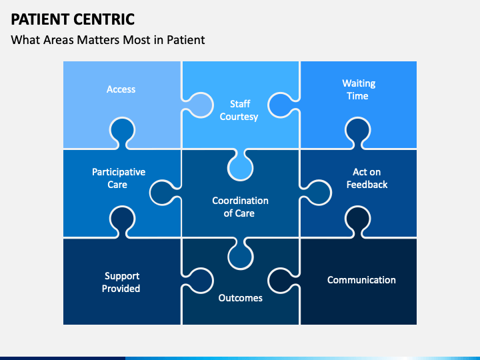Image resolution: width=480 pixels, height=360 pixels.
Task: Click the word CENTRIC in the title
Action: pos(104,19)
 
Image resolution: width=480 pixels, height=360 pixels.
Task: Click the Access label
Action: pos(121,89)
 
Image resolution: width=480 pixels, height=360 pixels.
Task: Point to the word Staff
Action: pos(240,104)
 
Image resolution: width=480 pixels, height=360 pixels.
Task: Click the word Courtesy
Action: pos(239,117)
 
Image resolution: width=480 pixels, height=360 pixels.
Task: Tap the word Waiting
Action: pos(359,83)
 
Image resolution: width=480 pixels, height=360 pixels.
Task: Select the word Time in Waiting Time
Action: pos(357,96)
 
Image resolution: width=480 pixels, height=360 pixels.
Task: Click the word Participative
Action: pos(119,173)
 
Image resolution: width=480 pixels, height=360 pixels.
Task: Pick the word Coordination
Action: pos(240,201)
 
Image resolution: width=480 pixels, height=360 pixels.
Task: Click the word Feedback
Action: pos(367,185)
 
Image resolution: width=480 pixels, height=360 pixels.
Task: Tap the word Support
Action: pos(122,277)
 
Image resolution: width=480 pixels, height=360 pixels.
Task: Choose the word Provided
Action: pos(121,289)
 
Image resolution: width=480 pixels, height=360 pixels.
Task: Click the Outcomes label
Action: pos(240,298)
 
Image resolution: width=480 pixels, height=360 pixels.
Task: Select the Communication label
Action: pos(361,280)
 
